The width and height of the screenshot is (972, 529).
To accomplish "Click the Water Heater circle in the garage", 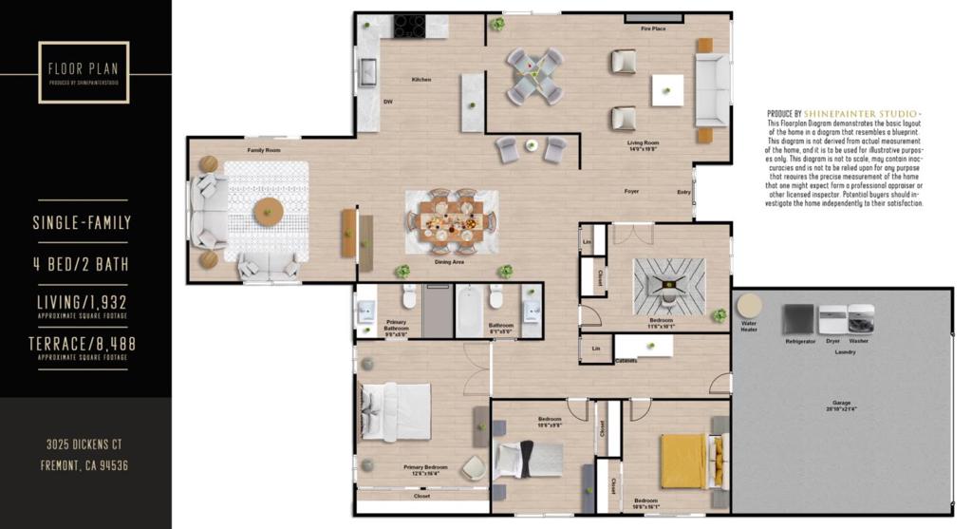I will click(x=750, y=307).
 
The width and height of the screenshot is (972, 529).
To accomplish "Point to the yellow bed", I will click(x=683, y=461).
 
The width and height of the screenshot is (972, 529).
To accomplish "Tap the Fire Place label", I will click(x=653, y=29).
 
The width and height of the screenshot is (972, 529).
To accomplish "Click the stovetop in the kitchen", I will click(x=410, y=26).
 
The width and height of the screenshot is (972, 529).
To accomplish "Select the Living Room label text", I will click(x=643, y=144).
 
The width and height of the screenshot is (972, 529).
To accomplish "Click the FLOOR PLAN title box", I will click(x=84, y=72).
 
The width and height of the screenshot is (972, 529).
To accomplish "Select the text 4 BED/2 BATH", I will click(x=82, y=264).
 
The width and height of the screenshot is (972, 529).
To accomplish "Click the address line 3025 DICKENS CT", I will click(x=84, y=444).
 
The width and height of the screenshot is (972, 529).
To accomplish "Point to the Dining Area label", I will click(x=450, y=260).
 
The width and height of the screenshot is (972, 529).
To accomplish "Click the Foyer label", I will click(x=631, y=192).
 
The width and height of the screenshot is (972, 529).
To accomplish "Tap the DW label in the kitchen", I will click(x=387, y=102).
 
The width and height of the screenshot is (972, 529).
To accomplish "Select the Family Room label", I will click(x=264, y=150).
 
